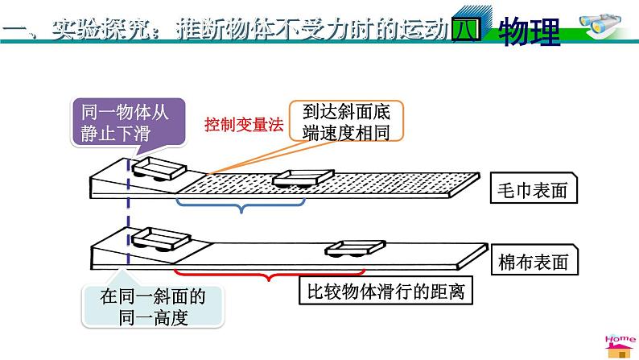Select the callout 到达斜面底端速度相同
point(351,122)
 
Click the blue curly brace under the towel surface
point(240,208)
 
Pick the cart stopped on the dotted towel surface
point(301,179)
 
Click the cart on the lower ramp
point(161,240)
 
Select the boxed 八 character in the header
point(466,31)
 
